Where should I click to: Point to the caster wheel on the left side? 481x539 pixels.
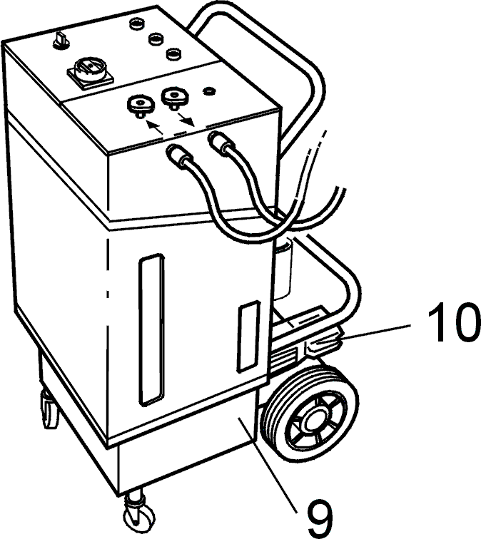tap(49, 409)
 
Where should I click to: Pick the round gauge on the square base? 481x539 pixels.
tap(90, 71)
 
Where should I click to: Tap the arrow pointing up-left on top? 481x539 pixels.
tap(154, 126)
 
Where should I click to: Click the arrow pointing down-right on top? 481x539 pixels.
tap(186, 120)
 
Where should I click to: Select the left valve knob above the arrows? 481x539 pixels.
tap(141, 106)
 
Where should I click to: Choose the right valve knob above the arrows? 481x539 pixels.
tap(175, 97)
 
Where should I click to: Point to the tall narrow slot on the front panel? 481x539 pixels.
tap(151, 329)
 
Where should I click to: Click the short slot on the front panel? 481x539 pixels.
tap(248, 337)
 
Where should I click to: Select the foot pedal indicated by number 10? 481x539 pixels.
tap(323, 344)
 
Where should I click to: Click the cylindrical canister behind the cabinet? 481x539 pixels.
tap(283, 269)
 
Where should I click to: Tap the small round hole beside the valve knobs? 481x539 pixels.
tap(209, 91)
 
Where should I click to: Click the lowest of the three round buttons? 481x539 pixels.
tap(173, 53)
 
